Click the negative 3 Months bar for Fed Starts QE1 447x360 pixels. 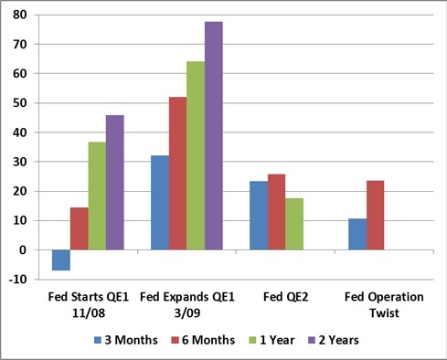point(61,260)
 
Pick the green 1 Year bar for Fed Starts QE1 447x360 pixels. point(97,196)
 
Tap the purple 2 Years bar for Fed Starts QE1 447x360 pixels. point(115,183)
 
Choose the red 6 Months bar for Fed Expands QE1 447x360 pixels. point(178,174)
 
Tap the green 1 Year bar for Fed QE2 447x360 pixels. point(294,224)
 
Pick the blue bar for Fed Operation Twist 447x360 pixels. point(357,234)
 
